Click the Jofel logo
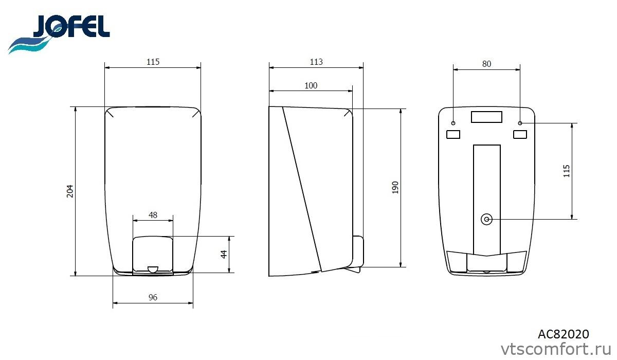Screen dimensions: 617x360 click(x=59, y=34)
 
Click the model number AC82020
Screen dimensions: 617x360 click(x=564, y=334)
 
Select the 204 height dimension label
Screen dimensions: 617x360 click(x=70, y=191)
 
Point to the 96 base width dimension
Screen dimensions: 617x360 click(x=153, y=297)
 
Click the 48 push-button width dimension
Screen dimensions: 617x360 click(x=153, y=215)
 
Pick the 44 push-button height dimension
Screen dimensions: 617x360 click(x=224, y=254)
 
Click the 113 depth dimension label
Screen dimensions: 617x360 click(x=316, y=62)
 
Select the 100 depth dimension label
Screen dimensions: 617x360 click(x=311, y=86)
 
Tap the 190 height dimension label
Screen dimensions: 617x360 click(x=395, y=188)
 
